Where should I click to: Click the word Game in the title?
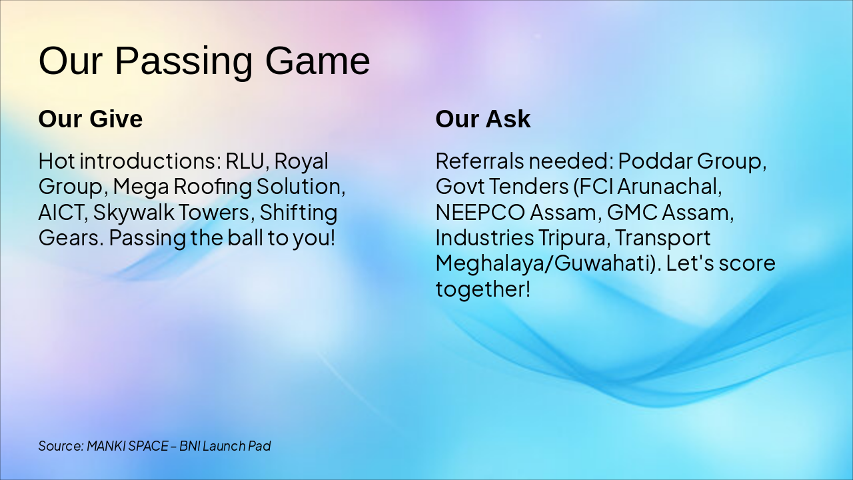coord(318,61)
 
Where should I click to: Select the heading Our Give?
coord(91,119)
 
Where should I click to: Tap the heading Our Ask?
coord(483,119)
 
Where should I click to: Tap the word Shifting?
coord(299,213)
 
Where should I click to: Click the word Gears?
coord(71,238)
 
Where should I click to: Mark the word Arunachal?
coord(670,187)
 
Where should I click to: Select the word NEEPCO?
coord(480,212)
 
